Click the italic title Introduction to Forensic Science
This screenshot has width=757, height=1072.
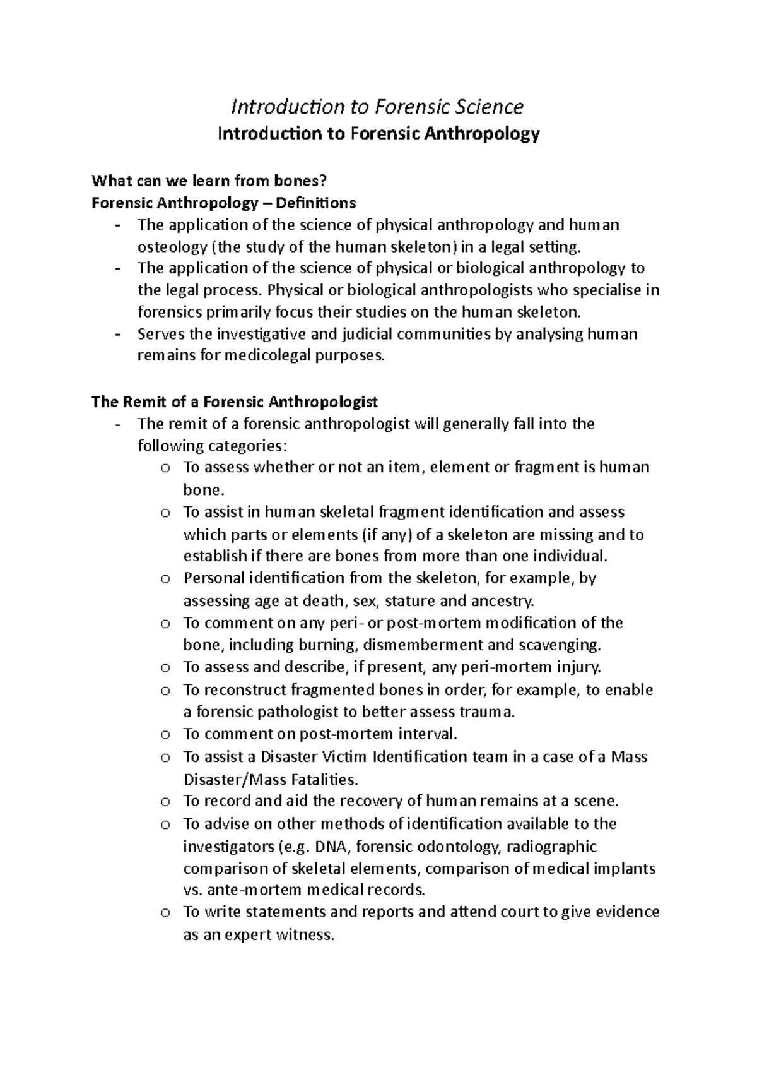coord(377,107)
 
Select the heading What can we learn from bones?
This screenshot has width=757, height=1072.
coord(210,182)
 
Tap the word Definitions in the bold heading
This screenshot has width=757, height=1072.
coord(321,203)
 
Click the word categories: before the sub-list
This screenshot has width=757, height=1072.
coord(250,446)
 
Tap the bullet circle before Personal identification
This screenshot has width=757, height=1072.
coord(165,579)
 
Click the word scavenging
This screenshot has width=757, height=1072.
coord(560,645)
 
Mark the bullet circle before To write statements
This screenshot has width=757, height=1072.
coord(165,912)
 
